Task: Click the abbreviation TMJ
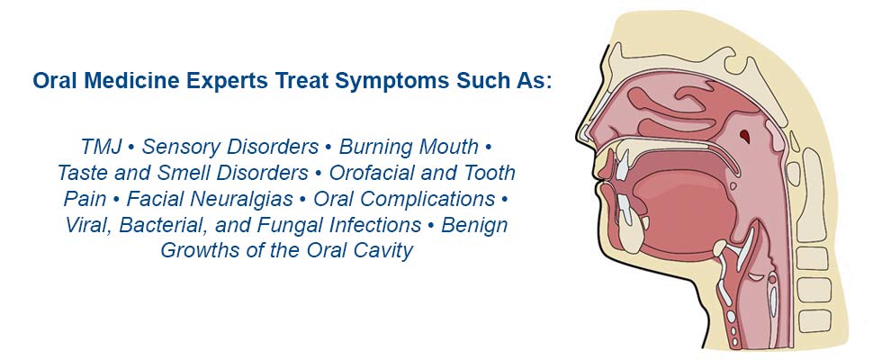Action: point(102,148)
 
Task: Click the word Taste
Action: point(82,173)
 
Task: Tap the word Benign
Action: point(475,225)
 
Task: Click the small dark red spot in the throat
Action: point(745,135)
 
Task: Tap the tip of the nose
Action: point(579,135)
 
